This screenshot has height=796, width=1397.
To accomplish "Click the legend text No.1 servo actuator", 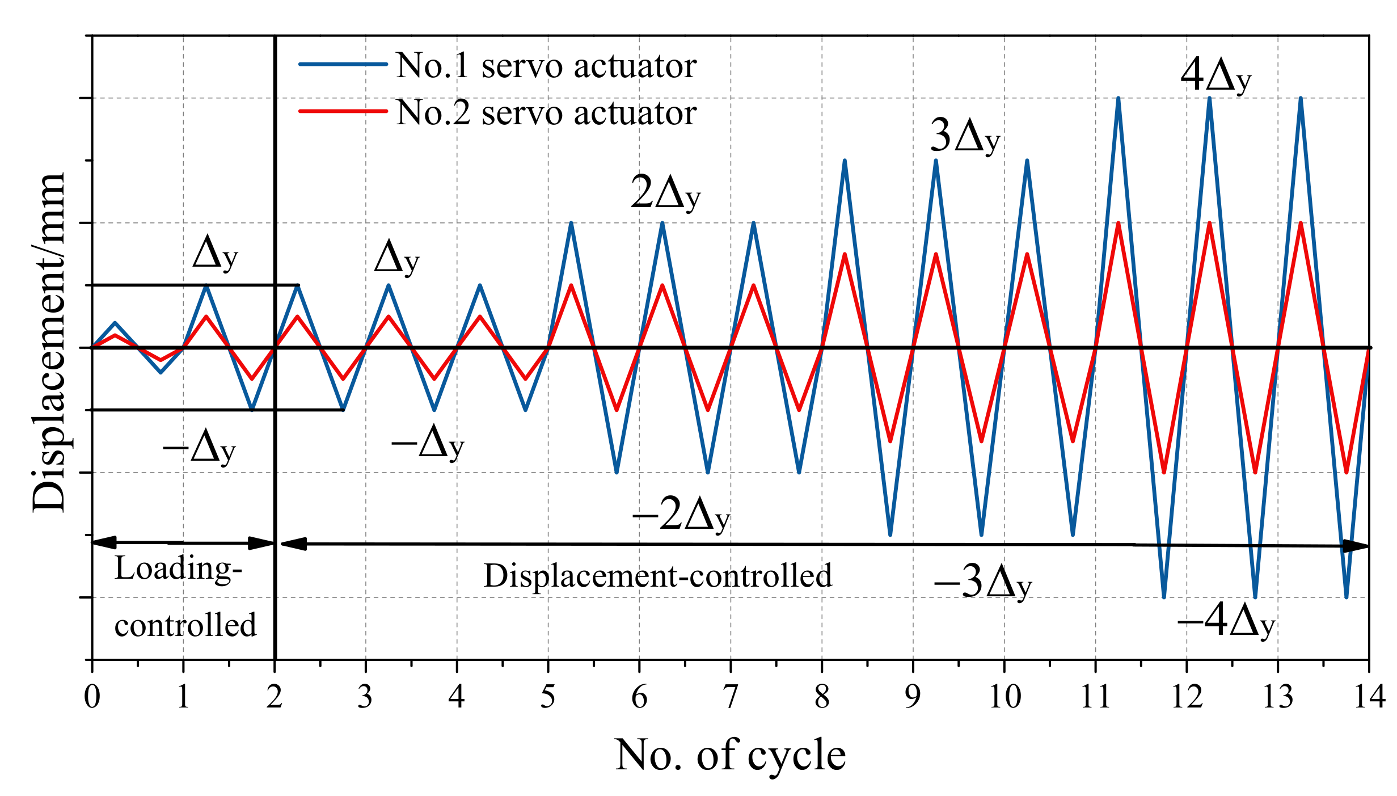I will (546, 66).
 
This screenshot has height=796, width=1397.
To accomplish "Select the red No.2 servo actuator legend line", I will (343, 111).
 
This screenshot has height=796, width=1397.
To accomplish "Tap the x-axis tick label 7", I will (731, 696).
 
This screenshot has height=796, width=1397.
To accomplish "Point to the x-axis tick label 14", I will (1369, 696).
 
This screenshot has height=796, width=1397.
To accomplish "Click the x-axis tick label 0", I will (92, 696).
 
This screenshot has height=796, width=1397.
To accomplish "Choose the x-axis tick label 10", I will (1005, 696).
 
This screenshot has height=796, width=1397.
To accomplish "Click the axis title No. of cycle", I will (730, 755).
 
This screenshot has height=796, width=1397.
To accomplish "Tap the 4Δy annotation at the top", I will (1215, 76).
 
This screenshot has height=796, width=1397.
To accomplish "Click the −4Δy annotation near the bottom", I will (1225, 622).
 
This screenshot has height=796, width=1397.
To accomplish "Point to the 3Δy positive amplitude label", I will (964, 137).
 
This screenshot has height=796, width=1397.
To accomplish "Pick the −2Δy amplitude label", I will (680, 515).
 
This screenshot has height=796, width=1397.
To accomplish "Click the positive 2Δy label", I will (665, 193).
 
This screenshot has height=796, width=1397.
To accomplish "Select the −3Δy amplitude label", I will (982, 583).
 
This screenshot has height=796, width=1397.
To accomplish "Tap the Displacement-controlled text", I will (657, 575).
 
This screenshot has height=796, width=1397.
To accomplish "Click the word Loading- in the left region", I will (178, 568).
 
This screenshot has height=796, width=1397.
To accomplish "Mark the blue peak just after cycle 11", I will (1118, 99).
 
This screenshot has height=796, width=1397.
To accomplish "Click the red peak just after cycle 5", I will (571, 285).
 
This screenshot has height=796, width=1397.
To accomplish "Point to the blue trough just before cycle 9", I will (890, 534).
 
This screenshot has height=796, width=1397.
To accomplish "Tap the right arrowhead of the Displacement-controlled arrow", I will (1357, 546).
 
